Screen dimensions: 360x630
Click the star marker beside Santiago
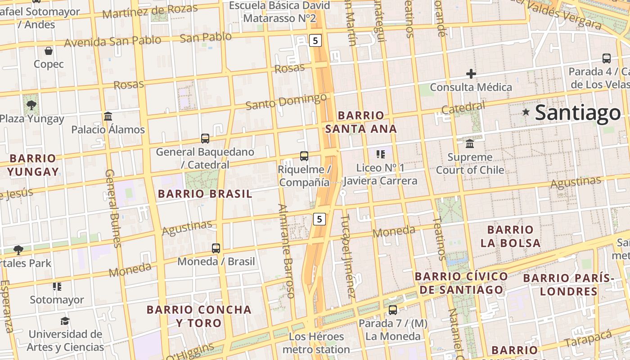pyautogui.click(x=526, y=112)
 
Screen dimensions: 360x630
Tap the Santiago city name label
pyautogui.click(x=578, y=112)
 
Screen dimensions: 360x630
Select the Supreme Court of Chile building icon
pyautogui.click(x=470, y=144)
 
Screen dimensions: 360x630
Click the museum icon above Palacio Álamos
pyautogui.click(x=108, y=117)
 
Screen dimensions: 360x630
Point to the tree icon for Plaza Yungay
pyautogui.click(x=31, y=105)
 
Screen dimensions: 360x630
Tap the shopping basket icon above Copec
pyautogui.click(x=49, y=51)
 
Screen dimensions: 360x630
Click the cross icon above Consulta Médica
pyautogui.click(x=471, y=74)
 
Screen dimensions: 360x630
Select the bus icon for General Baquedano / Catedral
pyautogui.click(x=205, y=139)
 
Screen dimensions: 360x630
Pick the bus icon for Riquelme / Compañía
pyautogui.click(x=304, y=156)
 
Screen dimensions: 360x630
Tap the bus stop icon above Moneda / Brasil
pyautogui.click(x=216, y=248)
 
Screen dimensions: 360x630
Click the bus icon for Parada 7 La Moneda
pyautogui.click(x=393, y=310)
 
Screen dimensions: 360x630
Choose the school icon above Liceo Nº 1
pyautogui.click(x=381, y=155)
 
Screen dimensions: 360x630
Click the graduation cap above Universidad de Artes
pyautogui.click(x=65, y=321)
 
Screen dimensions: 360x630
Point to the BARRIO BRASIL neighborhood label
pyautogui.click(x=205, y=194)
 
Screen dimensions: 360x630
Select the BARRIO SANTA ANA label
pyautogui.click(x=361, y=122)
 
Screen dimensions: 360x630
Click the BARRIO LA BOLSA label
pyautogui.click(x=510, y=236)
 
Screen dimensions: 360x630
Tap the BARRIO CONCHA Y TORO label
pyautogui.click(x=199, y=316)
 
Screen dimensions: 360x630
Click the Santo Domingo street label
pyautogui.click(x=286, y=102)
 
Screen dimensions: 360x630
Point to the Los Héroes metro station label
pyautogui.click(x=316, y=343)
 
